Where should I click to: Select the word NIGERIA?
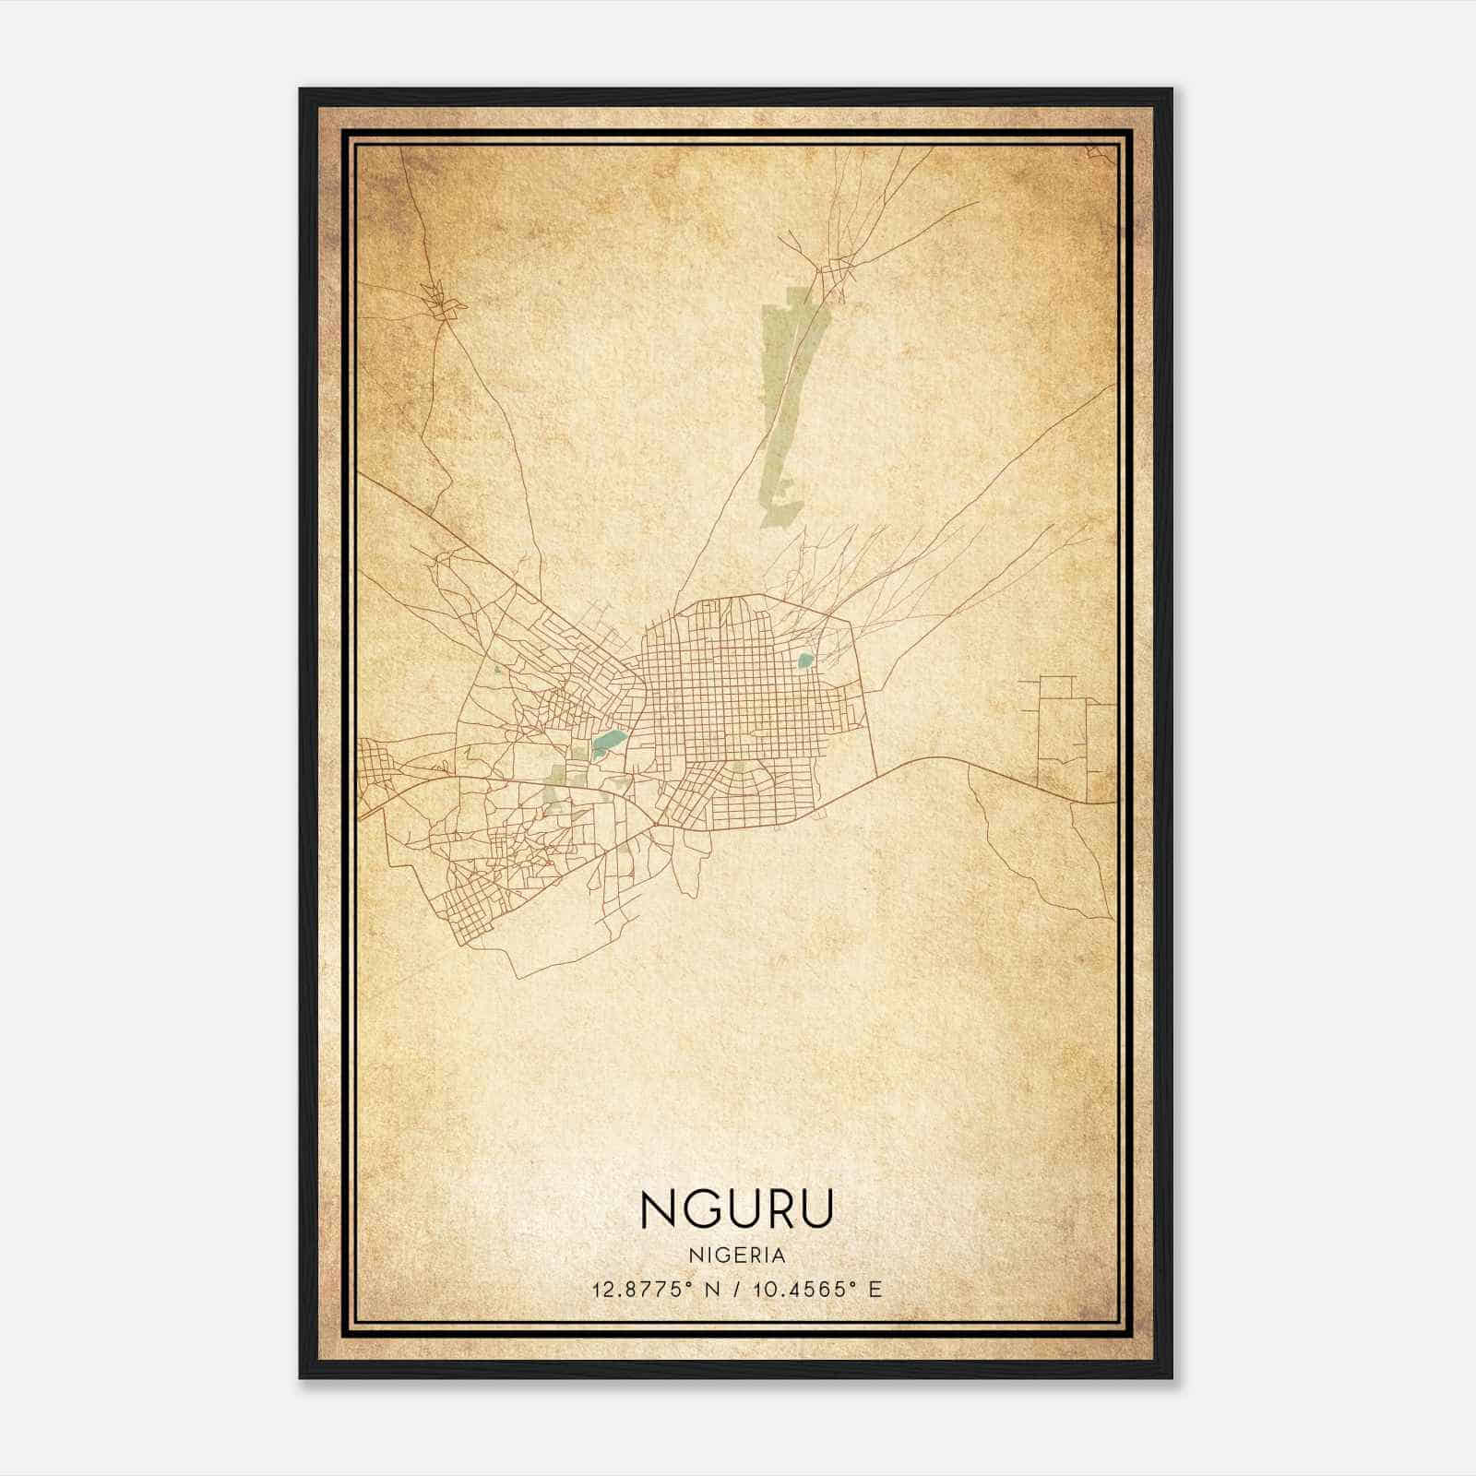click(736, 1256)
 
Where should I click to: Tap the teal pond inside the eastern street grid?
click(805, 660)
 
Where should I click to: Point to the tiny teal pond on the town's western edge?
click(497, 670)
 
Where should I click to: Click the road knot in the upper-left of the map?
click(441, 304)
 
